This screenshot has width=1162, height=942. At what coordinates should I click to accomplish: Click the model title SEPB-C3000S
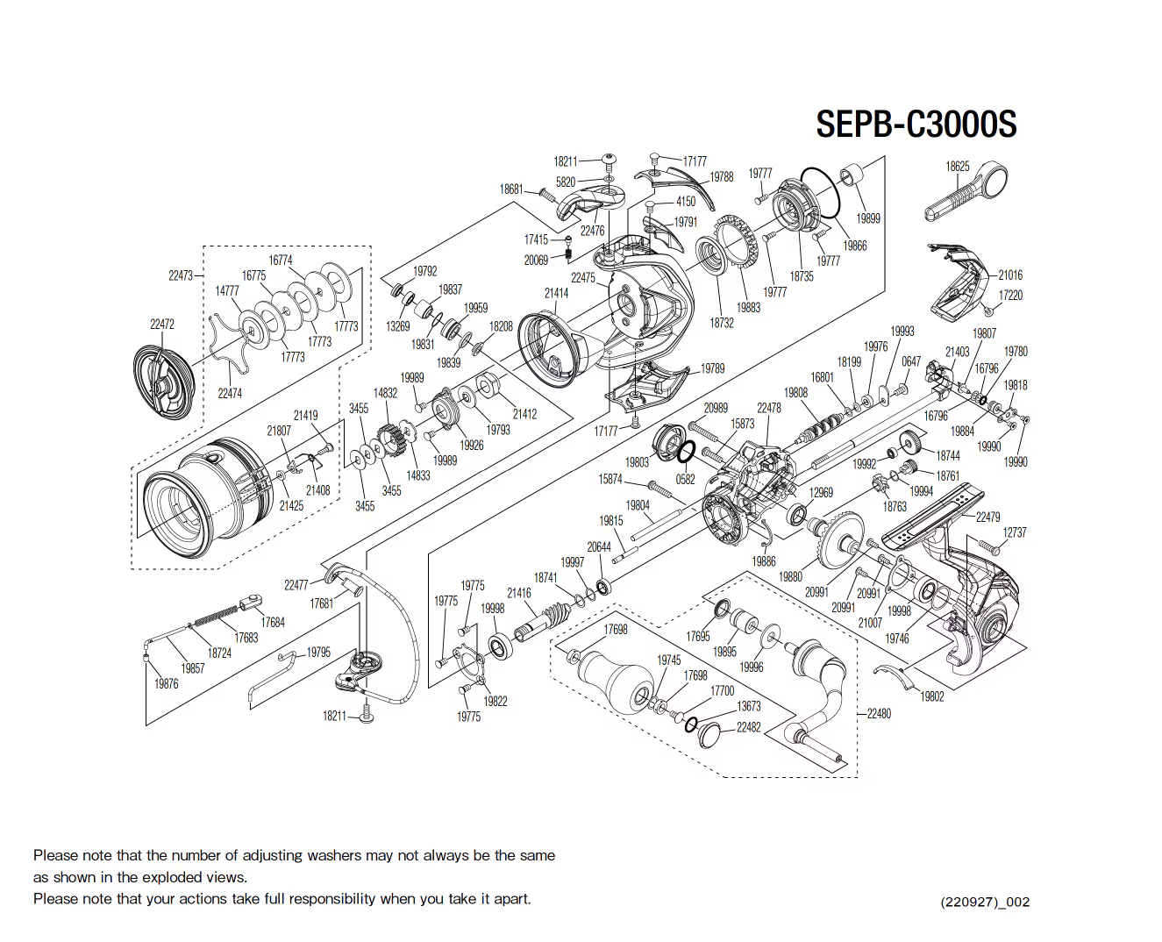916,124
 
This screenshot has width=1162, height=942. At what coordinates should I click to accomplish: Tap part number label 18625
957,166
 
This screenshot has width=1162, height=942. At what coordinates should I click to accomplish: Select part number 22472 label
161,324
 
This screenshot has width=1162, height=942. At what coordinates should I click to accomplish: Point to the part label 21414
556,293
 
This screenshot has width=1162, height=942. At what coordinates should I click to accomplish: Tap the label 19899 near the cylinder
867,218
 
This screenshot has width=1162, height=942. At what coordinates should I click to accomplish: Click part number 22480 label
879,713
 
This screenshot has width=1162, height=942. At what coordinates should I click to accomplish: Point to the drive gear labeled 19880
841,539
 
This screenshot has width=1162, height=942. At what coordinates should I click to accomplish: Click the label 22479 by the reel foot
987,517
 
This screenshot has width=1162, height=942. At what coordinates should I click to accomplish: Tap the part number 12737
1014,532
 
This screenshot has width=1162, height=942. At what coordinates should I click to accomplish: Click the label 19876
167,684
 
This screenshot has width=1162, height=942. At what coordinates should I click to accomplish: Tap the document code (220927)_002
985,902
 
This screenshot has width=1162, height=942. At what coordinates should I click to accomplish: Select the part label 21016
1010,275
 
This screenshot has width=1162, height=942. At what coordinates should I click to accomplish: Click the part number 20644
599,546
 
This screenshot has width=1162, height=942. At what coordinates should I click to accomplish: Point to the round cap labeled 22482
709,735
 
